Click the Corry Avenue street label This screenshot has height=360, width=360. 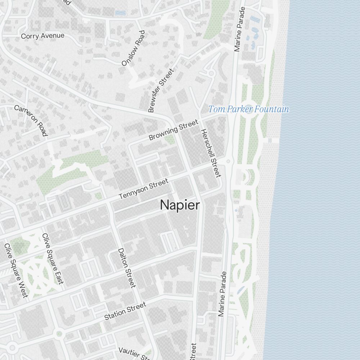42,36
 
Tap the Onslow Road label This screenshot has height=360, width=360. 133,48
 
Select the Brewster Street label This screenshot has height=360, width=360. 161,90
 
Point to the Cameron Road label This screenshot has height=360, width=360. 31,121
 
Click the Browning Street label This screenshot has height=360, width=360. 173,130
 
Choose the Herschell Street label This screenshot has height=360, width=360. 210,153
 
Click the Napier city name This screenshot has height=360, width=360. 180,205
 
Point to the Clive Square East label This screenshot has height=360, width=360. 53,258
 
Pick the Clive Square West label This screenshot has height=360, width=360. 16,270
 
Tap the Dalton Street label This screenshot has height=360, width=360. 127,268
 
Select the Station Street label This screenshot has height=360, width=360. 125,311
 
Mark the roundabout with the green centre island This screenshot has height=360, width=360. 59,334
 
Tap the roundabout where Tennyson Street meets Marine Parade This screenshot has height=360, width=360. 228,161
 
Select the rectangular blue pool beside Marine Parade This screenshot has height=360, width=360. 255,18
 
